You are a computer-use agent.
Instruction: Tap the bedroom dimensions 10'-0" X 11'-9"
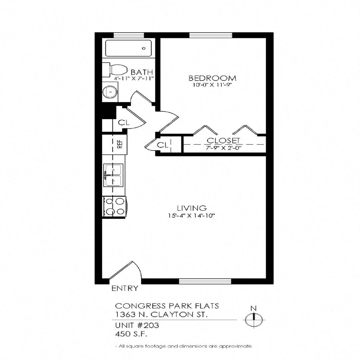tap(212, 85)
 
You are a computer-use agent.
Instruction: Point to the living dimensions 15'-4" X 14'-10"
tap(191, 216)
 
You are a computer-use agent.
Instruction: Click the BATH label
tap(142, 73)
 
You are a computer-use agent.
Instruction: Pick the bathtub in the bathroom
tap(129, 48)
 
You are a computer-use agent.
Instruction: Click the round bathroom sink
tap(109, 92)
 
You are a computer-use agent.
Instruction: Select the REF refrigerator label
tap(120, 144)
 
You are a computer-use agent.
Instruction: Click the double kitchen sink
tap(113, 175)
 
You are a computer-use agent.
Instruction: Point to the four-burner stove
tap(114, 206)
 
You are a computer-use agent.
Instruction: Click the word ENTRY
tap(124, 289)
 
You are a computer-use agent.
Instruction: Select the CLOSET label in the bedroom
tap(223, 141)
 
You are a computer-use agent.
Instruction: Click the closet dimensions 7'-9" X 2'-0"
tap(223, 148)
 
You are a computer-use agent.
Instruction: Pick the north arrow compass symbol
tap(253, 320)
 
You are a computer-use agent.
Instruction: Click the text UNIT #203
tap(137, 326)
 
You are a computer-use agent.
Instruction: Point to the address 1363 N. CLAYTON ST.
tap(161, 314)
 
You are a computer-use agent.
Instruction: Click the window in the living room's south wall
tap(205, 281)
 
